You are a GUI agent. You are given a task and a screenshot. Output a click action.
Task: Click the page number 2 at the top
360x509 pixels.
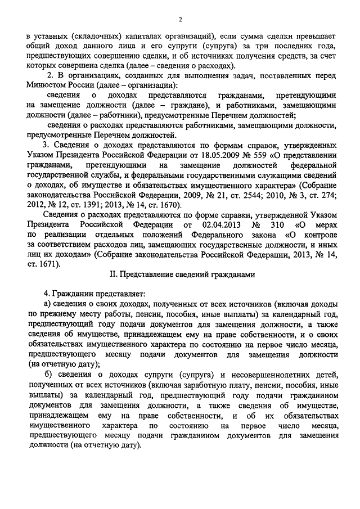pyautogui.click(x=181, y=20)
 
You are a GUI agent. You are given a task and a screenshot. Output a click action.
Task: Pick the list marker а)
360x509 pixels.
pyautogui.click(x=48, y=304)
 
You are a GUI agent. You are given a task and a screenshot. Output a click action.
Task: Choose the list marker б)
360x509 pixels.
pyautogui.click(x=48, y=373)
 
